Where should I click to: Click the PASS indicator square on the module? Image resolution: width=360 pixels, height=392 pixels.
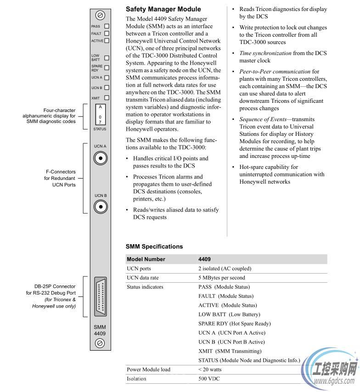tap(107, 27)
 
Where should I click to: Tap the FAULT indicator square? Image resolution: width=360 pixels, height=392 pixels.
tap(107, 34)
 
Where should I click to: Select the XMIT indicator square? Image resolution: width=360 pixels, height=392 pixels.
tap(107, 98)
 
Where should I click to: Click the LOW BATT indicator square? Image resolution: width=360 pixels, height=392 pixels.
tap(107, 58)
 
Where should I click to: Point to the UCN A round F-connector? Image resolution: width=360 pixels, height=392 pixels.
tap(100, 158)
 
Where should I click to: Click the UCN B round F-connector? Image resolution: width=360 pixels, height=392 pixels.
tap(100, 207)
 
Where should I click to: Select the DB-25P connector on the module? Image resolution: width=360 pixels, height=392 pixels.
tap(100, 297)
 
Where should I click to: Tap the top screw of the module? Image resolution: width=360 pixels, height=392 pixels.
tap(100, 15)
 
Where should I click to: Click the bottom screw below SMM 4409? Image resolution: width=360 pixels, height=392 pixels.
tap(100, 343)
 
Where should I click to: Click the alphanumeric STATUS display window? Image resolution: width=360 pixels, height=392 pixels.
tap(100, 114)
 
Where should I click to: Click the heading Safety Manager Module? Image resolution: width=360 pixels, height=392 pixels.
tap(163, 9)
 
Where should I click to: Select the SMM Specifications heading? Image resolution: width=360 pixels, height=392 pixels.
tap(154, 246)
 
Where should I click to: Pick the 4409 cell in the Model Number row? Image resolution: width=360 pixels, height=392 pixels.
tap(204, 259)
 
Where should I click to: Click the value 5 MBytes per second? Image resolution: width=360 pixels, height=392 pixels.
tap(221, 278)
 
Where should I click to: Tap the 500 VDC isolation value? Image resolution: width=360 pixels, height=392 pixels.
tap(209, 379)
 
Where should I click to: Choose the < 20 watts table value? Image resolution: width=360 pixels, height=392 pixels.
tap(209, 370)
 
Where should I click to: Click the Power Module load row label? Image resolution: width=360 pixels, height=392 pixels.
tap(148, 370)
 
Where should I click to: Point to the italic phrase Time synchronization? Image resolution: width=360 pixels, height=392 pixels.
tap(265, 53)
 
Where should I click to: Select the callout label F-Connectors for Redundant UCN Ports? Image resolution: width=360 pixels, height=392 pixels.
tap(60, 178)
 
